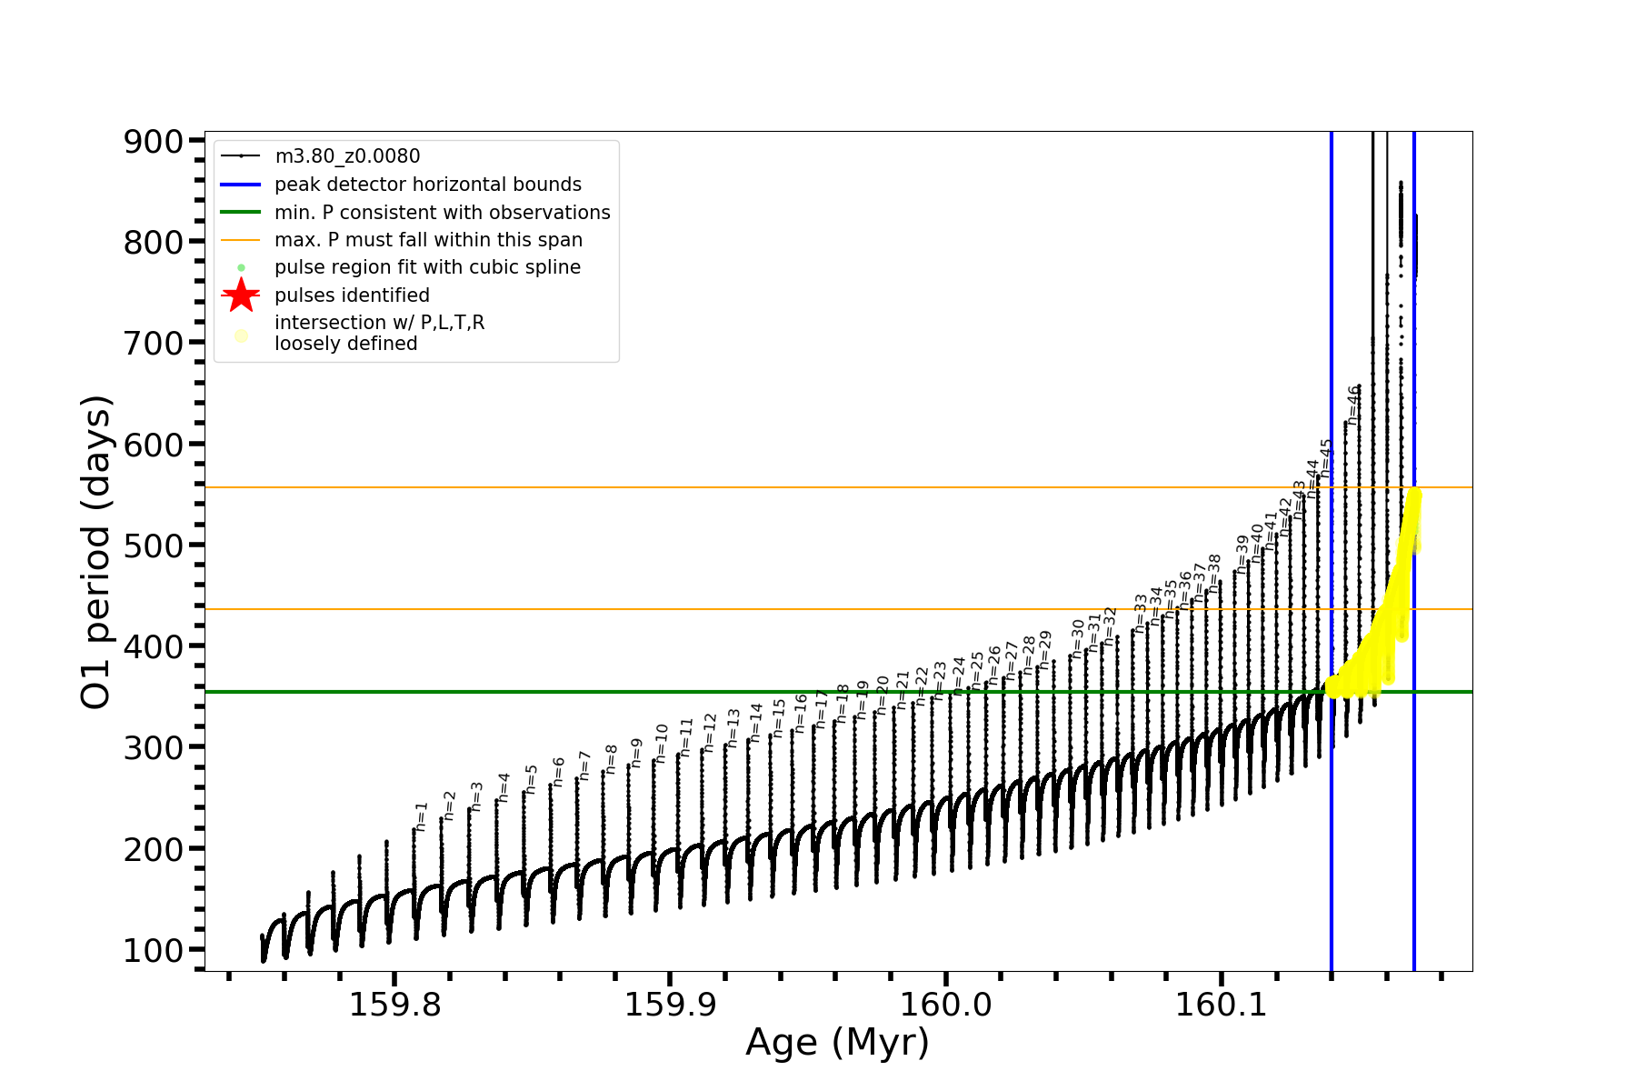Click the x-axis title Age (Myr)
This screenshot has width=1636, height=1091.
pyautogui.click(x=837, y=1043)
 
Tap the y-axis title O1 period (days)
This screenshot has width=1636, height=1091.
pyautogui.click(x=95, y=552)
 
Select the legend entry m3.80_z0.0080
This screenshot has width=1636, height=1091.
pyautogui.click(x=347, y=156)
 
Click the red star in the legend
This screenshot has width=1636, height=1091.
pyautogui.click(x=241, y=295)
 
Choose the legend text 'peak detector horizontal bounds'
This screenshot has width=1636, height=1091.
pyautogui.click(x=427, y=185)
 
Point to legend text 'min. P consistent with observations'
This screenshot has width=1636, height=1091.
pyautogui.click(x=442, y=212)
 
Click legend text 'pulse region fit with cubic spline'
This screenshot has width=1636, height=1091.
pyautogui.click(x=427, y=267)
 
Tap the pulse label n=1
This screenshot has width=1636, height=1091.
pyautogui.click(x=421, y=816)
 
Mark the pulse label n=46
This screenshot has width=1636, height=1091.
pyautogui.click(x=1353, y=405)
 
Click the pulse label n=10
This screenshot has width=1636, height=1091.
pyautogui.click(x=662, y=743)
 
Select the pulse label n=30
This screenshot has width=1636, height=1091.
pyautogui.click(x=1078, y=638)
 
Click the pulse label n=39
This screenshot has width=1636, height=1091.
pyautogui.click(x=1242, y=553)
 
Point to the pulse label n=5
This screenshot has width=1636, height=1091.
pyautogui.click(x=532, y=779)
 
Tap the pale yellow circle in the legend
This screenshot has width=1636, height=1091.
pyautogui.click(x=241, y=335)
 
